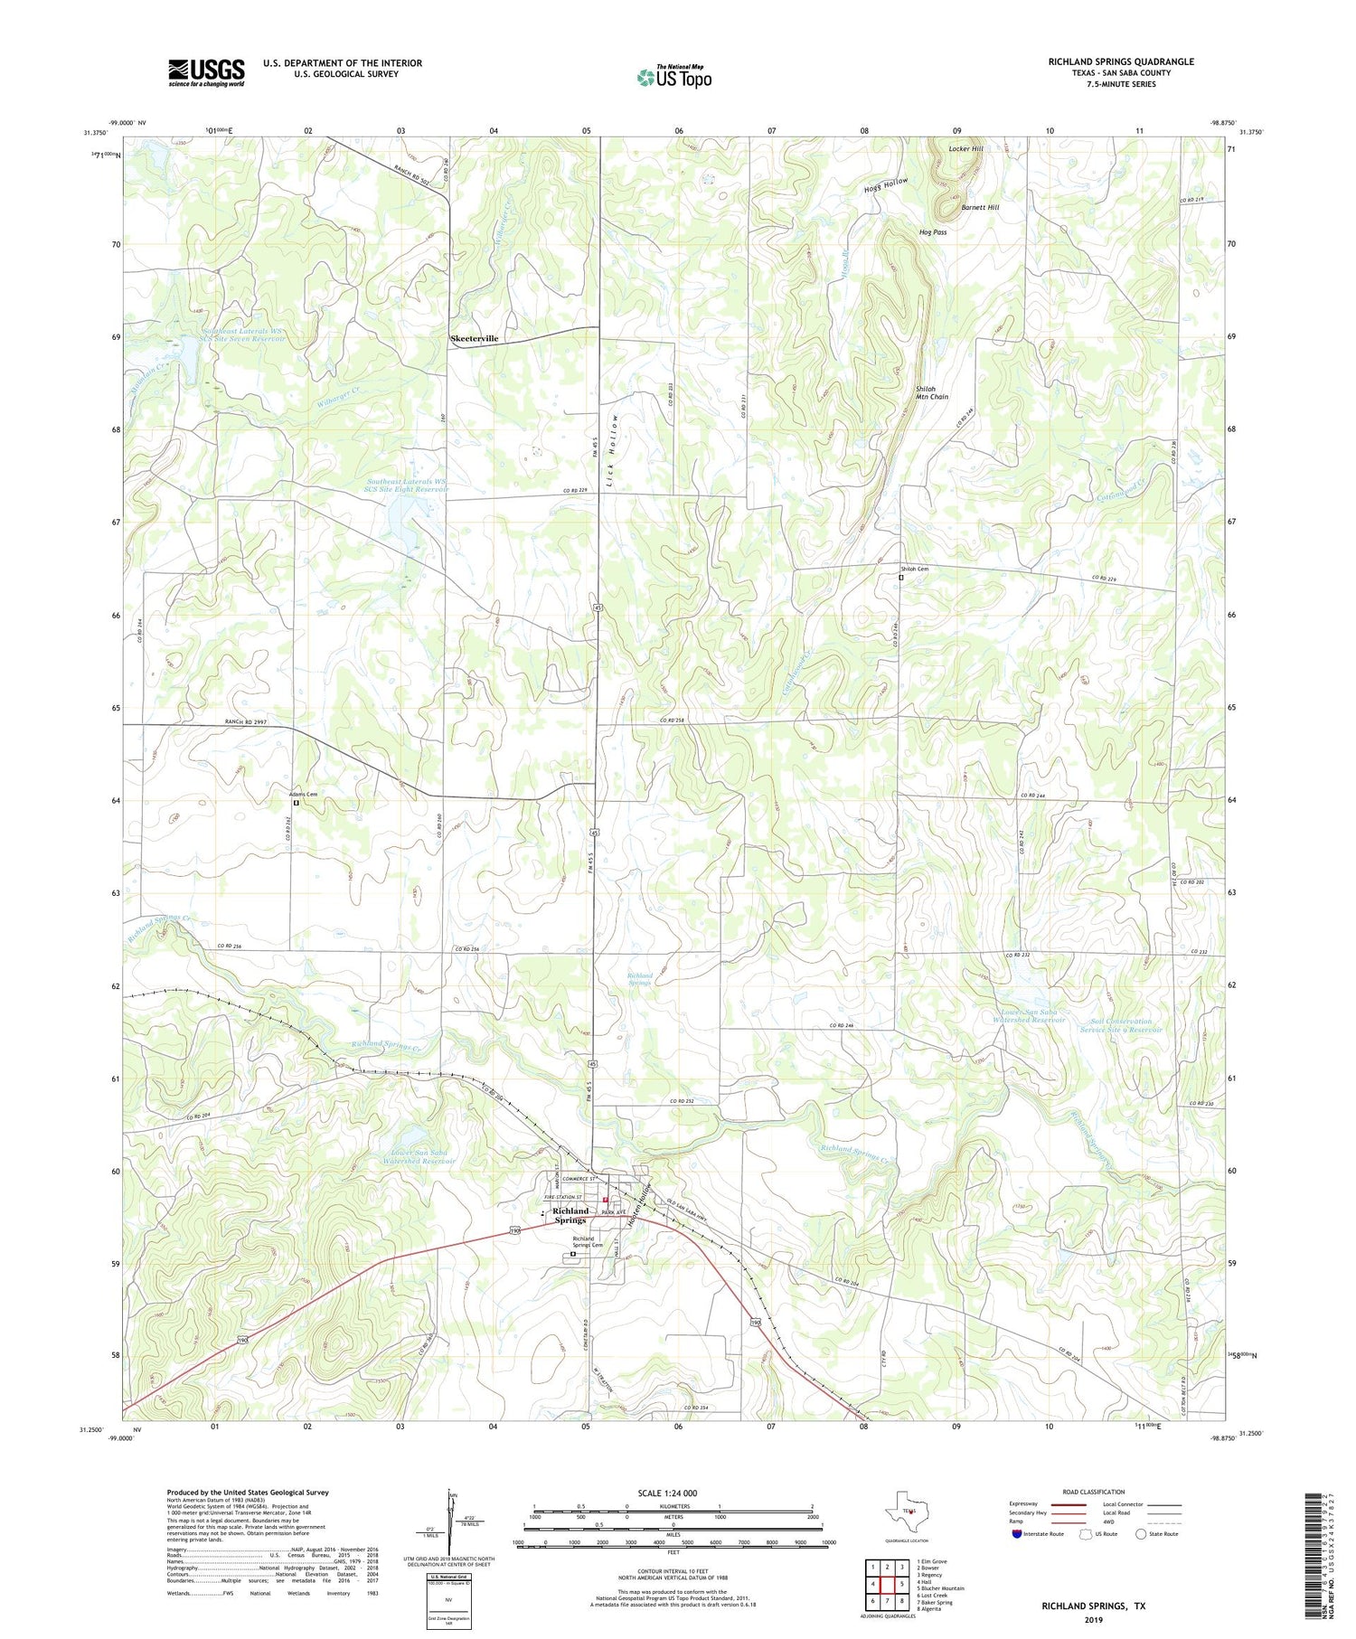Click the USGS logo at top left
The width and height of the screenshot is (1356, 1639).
[206, 72]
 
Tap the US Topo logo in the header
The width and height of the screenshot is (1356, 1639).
[673, 78]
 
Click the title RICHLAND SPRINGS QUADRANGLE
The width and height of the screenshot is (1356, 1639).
[1120, 61]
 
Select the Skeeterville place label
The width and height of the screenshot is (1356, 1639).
[475, 338]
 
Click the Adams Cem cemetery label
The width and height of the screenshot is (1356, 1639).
[304, 794]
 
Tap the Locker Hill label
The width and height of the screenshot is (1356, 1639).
[965, 148]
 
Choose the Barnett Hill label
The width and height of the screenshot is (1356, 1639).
[980, 207]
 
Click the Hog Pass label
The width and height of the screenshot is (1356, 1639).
[933, 232]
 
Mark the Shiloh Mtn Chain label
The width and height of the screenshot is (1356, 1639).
[932, 392]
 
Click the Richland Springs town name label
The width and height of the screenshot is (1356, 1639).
[570, 1215]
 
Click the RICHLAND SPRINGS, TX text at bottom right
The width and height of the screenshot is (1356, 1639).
[1093, 1605]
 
